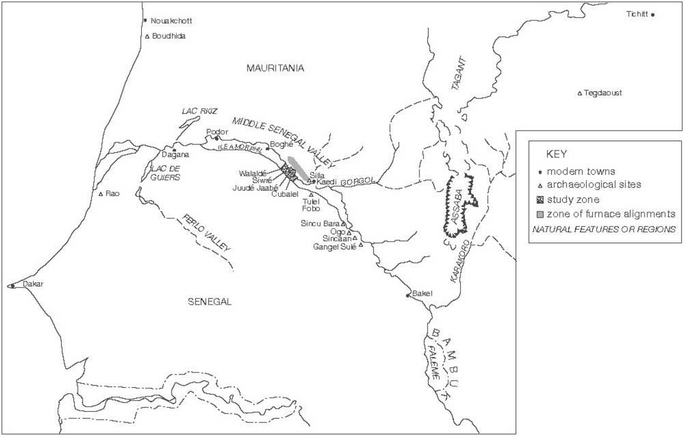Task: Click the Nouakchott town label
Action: tap(171, 21)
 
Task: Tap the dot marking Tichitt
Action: tap(653, 15)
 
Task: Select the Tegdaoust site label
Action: tap(603, 93)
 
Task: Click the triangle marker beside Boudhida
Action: tap(147, 36)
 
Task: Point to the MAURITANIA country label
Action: tap(275, 68)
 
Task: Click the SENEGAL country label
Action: tap(210, 302)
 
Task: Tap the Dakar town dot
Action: tap(12, 286)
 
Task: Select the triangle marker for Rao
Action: tap(101, 194)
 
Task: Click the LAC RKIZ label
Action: tap(199, 111)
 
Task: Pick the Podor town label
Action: tap(217, 132)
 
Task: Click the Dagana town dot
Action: tap(174, 150)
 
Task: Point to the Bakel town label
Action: tap(422, 293)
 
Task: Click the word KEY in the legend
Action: tap(556, 154)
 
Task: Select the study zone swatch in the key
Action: tap(540, 200)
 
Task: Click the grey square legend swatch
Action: tap(540, 214)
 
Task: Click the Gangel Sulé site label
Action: tap(335, 247)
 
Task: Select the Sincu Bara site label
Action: tap(320, 224)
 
